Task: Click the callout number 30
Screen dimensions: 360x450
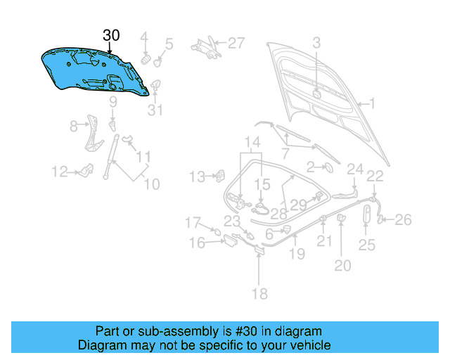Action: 112,35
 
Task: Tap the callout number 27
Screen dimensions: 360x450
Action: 236,43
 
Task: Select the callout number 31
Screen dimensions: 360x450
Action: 155,110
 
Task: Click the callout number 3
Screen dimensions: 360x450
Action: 316,43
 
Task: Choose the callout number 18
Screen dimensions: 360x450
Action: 259,294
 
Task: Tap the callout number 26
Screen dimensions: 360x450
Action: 402,220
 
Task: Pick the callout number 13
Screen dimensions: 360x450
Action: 198,176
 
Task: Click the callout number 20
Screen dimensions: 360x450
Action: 342,265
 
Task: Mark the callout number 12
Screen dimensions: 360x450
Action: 59,171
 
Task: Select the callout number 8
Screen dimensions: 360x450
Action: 73,127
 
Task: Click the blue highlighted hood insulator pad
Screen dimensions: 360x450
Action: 98,70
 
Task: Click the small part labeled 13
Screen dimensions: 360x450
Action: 219,174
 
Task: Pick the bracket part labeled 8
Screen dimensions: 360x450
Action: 91,134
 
